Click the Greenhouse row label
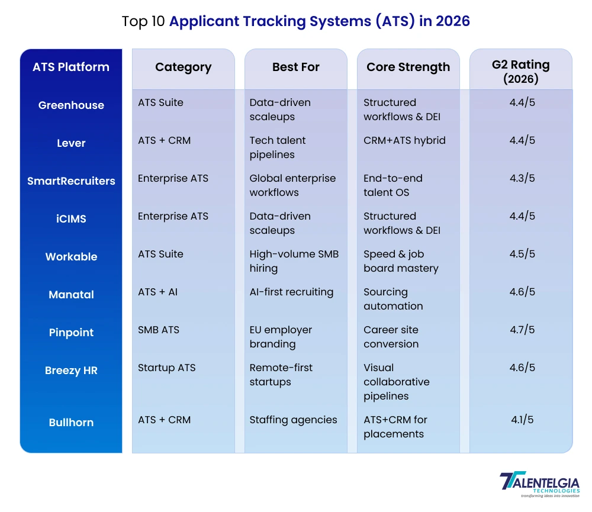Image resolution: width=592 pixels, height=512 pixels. click(x=71, y=105)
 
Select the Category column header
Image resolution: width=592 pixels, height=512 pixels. click(x=183, y=67)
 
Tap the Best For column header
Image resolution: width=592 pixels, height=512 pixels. click(x=295, y=67)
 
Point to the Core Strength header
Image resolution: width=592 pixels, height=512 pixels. click(x=408, y=67)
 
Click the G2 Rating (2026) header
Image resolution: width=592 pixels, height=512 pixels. click(x=521, y=71)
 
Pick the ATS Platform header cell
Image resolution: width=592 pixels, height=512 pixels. click(x=71, y=67)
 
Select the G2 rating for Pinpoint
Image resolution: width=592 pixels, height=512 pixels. click(x=522, y=330)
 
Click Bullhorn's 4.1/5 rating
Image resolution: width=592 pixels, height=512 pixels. click(x=522, y=420)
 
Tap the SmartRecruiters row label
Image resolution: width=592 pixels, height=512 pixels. click(x=71, y=181)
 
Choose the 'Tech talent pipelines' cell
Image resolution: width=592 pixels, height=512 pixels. click(x=278, y=147)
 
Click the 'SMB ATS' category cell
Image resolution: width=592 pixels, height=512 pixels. click(x=159, y=330)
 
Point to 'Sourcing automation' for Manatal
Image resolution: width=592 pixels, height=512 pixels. click(x=393, y=299)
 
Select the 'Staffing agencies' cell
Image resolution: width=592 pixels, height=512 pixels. click(x=293, y=420)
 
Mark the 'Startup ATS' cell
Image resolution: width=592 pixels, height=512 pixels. click(x=166, y=368)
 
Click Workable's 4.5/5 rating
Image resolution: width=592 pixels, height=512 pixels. click(x=522, y=254)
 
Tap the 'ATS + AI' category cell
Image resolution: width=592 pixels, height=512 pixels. click(x=157, y=292)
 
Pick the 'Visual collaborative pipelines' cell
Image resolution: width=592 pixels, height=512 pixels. click(x=396, y=382)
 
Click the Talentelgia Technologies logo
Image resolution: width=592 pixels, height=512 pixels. click(x=539, y=485)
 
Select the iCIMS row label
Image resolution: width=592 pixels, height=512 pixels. click(x=71, y=219)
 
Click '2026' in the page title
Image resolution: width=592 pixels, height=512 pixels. click(x=452, y=22)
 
